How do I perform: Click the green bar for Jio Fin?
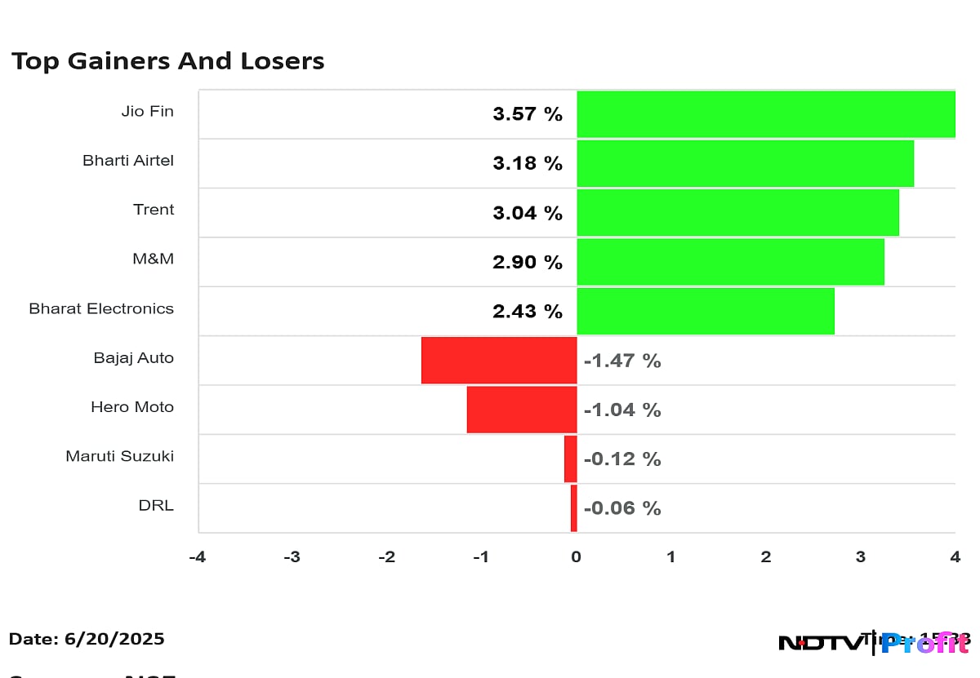[x=765, y=114]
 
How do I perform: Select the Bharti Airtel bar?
[x=745, y=163]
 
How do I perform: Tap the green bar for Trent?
[x=737, y=213]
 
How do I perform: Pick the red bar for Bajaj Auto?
[x=499, y=360]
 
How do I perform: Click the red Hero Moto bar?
[x=522, y=410]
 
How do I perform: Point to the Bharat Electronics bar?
[x=706, y=311]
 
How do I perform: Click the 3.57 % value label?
[x=528, y=114]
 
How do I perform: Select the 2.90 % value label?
[x=528, y=263]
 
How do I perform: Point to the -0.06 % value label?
[x=622, y=508]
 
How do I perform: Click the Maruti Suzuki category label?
[x=120, y=456]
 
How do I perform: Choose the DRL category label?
[x=156, y=505]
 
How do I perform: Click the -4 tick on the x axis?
[x=197, y=557]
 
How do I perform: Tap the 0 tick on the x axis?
[x=577, y=557]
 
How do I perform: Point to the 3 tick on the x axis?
[x=861, y=557]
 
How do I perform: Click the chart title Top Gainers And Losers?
[x=168, y=61]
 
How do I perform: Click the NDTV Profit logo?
[x=874, y=643]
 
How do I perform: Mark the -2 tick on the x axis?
[x=386, y=557]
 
